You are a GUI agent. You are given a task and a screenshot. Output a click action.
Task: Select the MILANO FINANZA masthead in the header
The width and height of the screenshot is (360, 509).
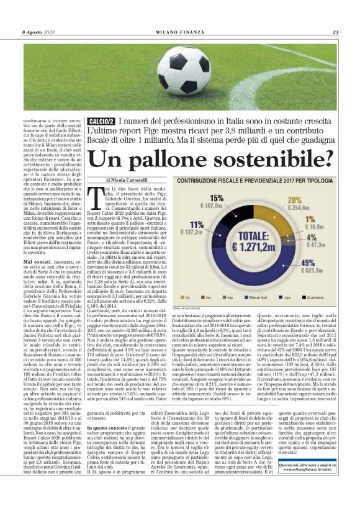point(179,33)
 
